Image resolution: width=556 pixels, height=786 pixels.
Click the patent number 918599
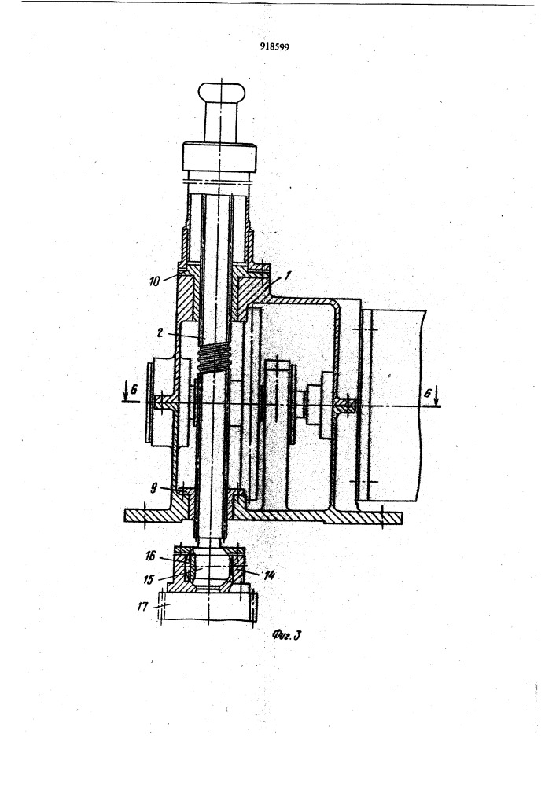(274, 46)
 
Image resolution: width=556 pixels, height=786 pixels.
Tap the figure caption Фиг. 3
(286, 635)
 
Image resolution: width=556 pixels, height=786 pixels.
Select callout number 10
(154, 281)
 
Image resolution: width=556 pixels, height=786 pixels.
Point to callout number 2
(160, 332)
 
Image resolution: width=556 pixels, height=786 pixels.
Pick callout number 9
(154, 487)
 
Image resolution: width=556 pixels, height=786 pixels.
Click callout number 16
(150, 556)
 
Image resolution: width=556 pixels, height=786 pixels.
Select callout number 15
(149, 579)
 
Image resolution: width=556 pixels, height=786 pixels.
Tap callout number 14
(269, 575)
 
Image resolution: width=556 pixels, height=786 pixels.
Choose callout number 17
(143, 607)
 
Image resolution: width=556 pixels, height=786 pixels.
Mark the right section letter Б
(427, 394)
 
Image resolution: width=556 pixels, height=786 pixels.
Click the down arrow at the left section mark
(125, 394)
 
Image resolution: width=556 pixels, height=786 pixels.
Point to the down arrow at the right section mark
(436, 396)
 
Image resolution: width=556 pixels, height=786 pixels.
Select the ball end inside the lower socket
(209, 568)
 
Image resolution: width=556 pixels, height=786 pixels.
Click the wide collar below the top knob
(219, 157)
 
